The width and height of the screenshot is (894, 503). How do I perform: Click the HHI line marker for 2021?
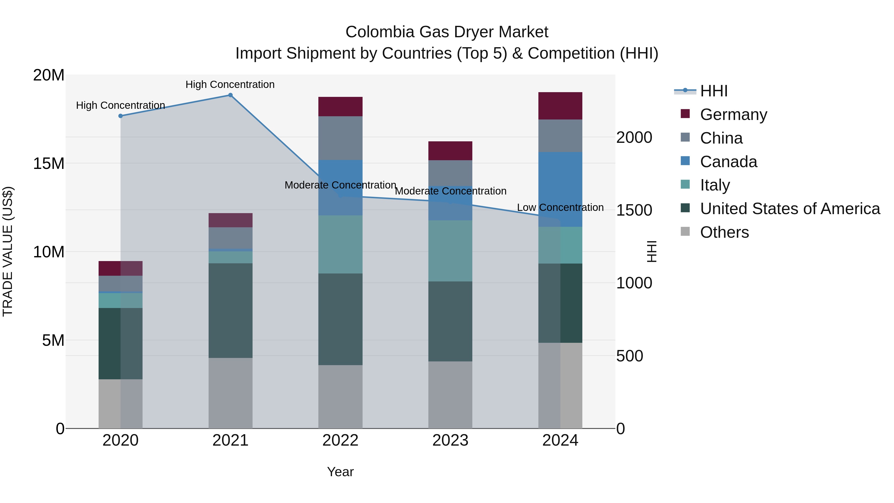[230, 95]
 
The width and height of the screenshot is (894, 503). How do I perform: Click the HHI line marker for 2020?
[120, 116]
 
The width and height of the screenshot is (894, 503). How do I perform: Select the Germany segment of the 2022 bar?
[340, 107]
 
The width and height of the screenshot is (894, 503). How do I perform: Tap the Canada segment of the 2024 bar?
[560, 189]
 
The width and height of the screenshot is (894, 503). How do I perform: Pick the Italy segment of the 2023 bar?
[450, 251]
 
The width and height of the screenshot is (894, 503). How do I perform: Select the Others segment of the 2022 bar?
[340, 396]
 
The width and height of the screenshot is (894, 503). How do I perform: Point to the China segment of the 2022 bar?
[340, 138]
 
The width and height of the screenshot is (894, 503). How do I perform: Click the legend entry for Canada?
[728, 162]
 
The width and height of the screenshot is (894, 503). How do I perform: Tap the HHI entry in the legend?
[713, 91]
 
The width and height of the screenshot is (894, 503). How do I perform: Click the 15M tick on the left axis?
[49, 163]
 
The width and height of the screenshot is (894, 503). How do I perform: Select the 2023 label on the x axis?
[450, 440]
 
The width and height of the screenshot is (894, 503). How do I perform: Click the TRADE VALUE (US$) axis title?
[8, 251]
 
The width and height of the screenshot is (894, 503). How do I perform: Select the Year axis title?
[340, 472]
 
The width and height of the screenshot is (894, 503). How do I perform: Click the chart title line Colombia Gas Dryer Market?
[447, 32]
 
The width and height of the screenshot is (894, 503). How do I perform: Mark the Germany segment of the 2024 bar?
[560, 106]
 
